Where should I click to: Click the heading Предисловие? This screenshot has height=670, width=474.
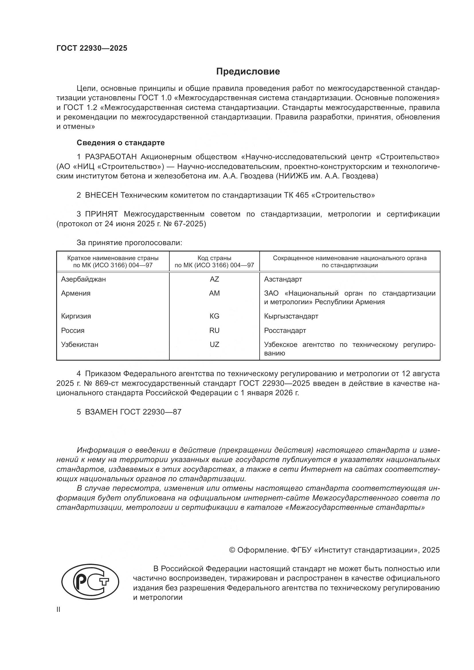point(248,72)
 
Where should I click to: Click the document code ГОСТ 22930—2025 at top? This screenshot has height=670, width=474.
point(92,48)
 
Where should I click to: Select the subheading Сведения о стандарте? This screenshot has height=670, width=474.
point(121,143)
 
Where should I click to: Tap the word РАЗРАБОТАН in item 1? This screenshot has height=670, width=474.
point(111,157)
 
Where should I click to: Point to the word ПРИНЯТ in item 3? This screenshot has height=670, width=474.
point(101,214)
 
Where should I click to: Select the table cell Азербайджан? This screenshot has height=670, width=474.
point(83,279)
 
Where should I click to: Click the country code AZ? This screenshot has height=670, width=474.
point(214,279)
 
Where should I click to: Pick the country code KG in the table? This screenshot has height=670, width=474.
point(214,316)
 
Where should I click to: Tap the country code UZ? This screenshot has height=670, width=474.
point(214,345)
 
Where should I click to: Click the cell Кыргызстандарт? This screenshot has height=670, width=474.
point(291,316)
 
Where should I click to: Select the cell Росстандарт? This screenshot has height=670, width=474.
point(285,331)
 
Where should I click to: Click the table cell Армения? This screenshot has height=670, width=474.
point(76,293)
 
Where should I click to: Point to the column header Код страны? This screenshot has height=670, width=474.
point(214,258)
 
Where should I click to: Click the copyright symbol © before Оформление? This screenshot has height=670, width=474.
point(232,550)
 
